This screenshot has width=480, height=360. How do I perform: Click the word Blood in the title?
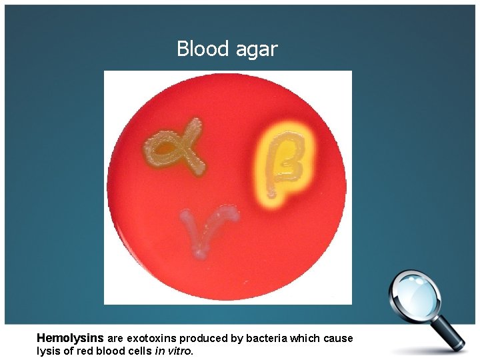click(199, 49)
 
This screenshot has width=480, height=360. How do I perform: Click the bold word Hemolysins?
click(70, 338)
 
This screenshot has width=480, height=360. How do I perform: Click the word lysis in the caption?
click(48, 351)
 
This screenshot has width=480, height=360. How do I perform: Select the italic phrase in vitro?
click(173, 351)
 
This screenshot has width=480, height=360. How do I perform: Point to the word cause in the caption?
click(339, 338)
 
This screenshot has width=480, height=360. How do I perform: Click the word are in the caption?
click(115, 338)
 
